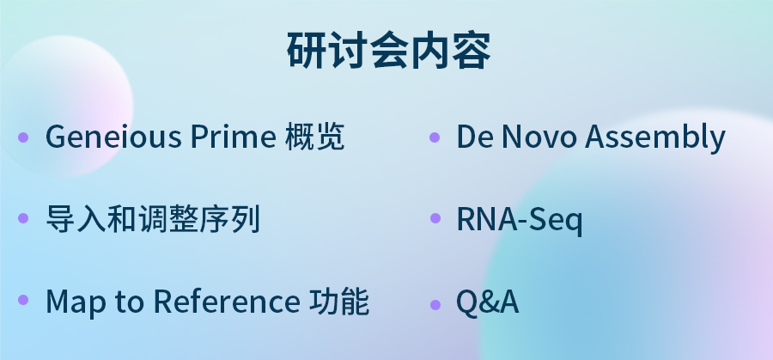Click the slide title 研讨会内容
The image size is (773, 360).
pyautogui.click(x=388, y=51)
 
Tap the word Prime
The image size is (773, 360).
pyautogui.click(x=233, y=136)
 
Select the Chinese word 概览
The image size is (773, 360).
pyautogui.click(x=314, y=136)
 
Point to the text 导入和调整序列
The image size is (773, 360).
pyautogui.click(x=153, y=218)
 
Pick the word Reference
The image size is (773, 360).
pyautogui.click(x=226, y=301)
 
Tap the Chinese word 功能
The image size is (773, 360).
pyautogui.click(x=339, y=301)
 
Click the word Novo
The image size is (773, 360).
pyautogui.click(x=539, y=136)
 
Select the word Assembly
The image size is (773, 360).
pyautogui.click(x=655, y=137)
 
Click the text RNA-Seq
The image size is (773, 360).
pyautogui.click(x=520, y=219)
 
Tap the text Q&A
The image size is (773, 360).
pyautogui.click(x=488, y=302)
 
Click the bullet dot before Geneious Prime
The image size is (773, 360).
pyautogui.click(x=23, y=137)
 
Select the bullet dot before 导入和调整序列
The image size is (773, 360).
pyautogui.click(x=23, y=218)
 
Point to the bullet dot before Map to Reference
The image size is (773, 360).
pyautogui.click(x=23, y=299)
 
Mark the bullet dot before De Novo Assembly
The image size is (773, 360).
pyautogui.click(x=435, y=137)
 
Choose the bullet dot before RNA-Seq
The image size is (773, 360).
pyautogui.click(x=435, y=218)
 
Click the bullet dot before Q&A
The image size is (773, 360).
pyautogui.click(x=435, y=304)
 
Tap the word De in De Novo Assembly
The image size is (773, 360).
pyautogui.click(x=475, y=136)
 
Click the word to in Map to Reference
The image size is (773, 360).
pyautogui.click(x=130, y=302)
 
